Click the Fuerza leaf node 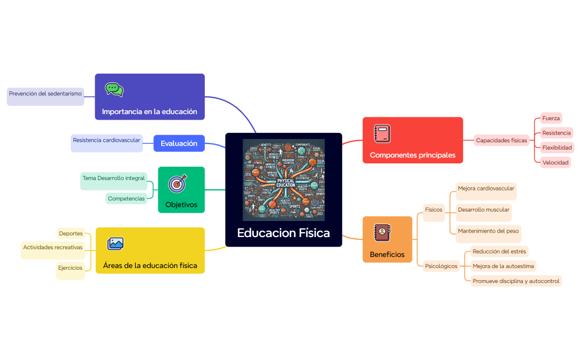[551, 118]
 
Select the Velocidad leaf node [556, 162]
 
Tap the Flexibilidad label [557, 147]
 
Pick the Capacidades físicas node [501, 140]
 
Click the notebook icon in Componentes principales [382, 134]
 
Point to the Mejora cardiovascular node [486, 189]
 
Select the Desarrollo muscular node [483, 210]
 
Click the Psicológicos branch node [441, 266]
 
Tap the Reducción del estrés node [498, 251]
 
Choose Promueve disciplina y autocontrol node [516, 281]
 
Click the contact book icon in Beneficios [382, 233]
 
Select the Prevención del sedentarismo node [45, 94]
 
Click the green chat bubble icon [114, 89]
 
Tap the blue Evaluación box [179, 143]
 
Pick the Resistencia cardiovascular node [106, 141]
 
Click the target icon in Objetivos [177, 183]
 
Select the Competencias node [126, 198]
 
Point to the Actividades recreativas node [53, 248]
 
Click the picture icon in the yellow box [115, 243]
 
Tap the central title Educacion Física [283, 233]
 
